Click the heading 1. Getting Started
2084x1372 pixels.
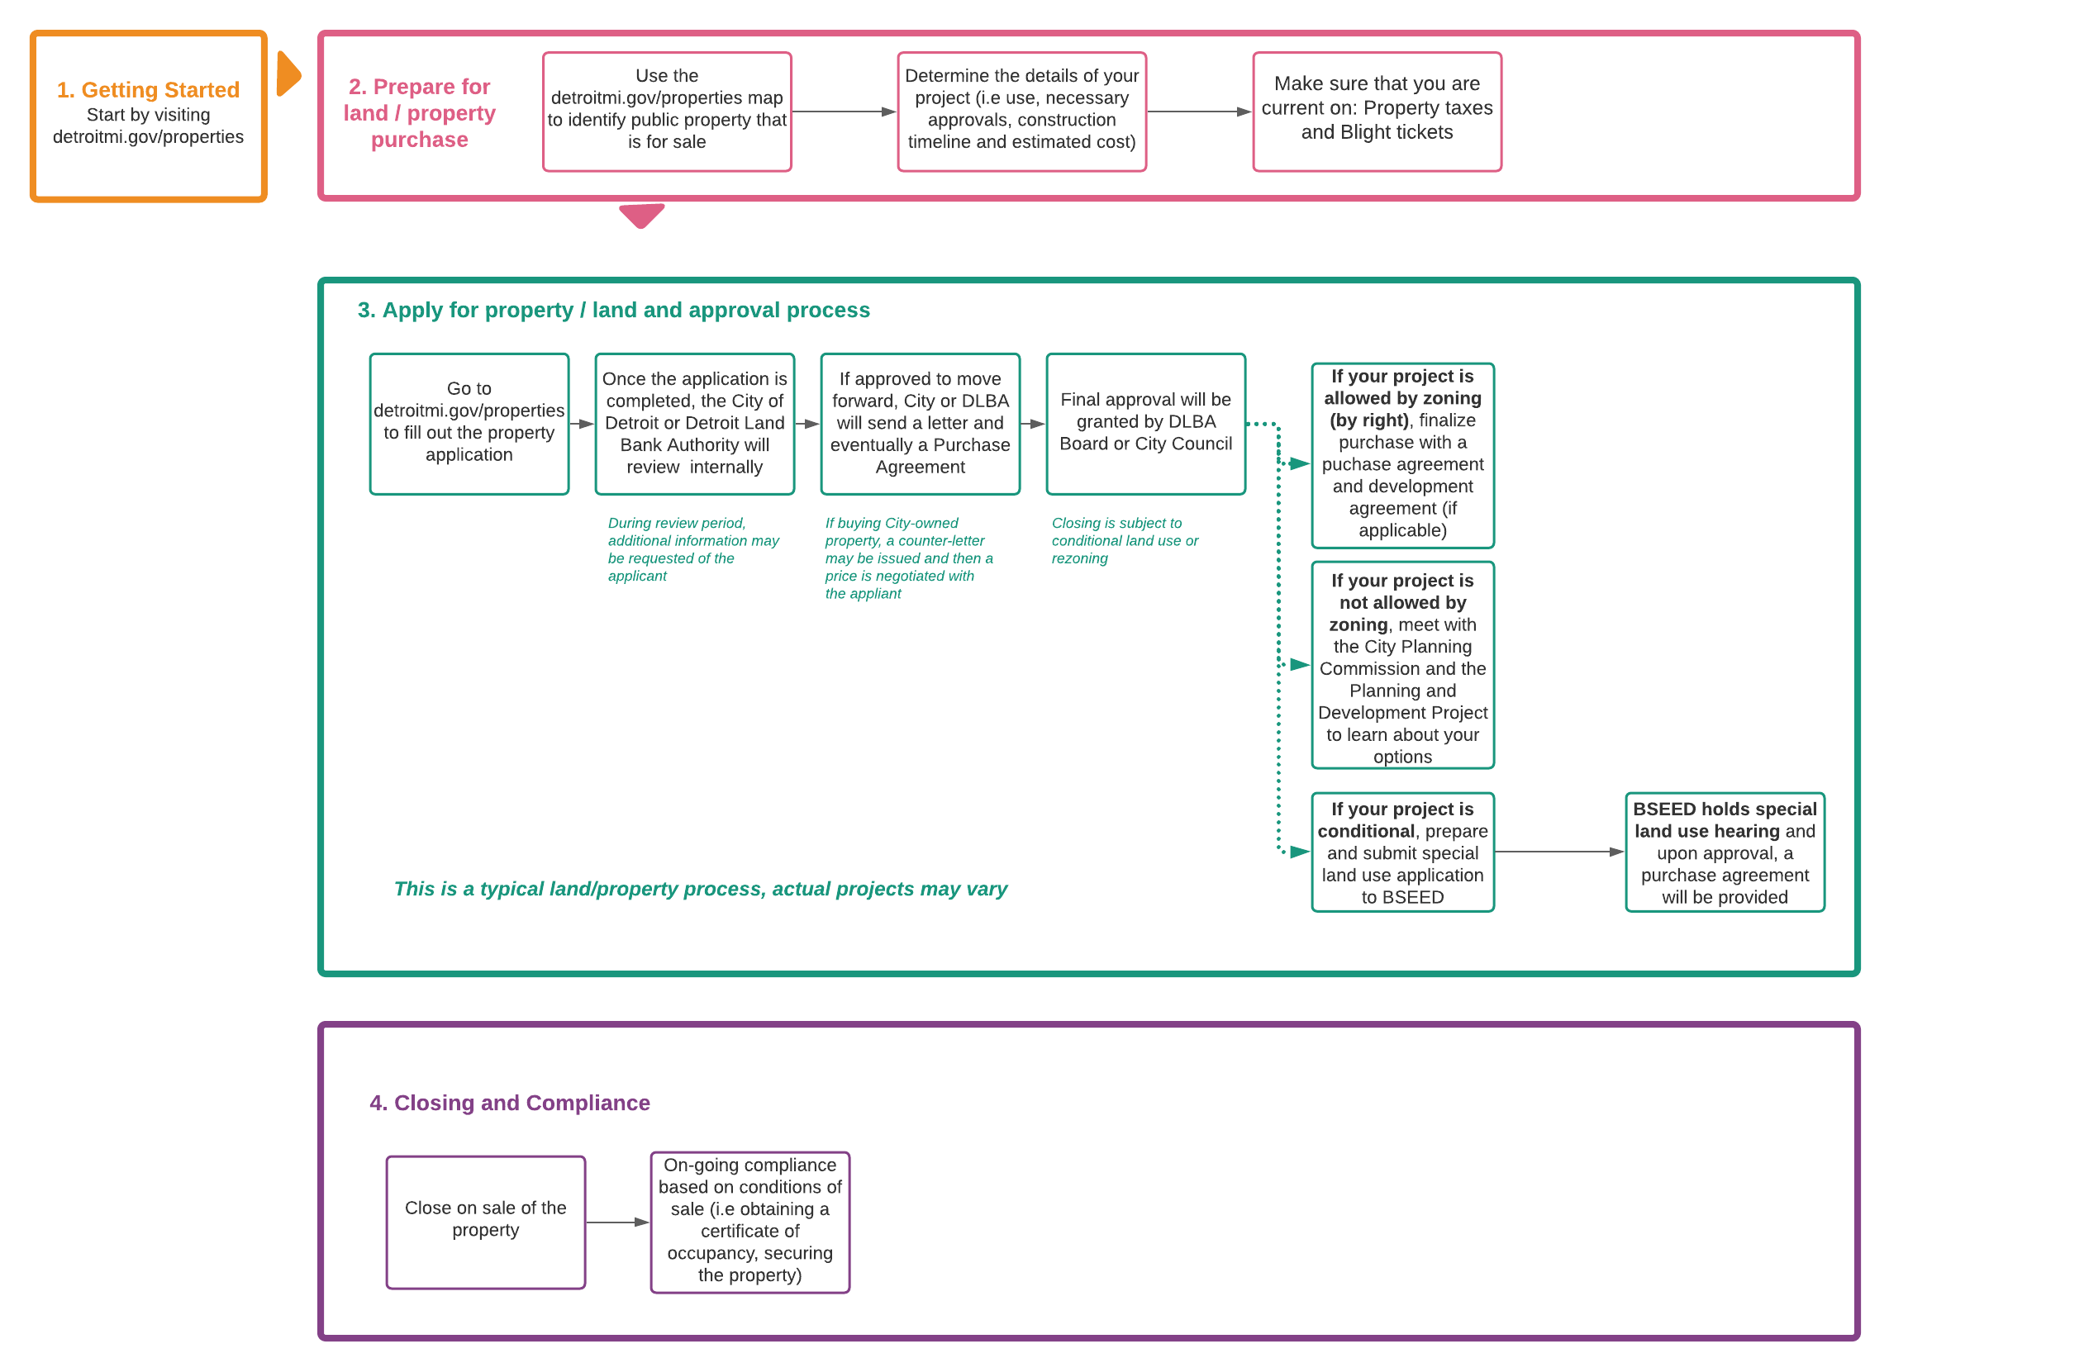pyautogui.click(x=148, y=90)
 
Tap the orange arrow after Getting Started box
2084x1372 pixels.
pyautogui.click(x=288, y=74)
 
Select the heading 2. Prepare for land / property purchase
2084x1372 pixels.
pyautogui.click(x=420, y=113)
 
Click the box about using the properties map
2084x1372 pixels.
pyautogui.click(x=666, y=112)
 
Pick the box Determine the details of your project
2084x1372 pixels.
pyautogui.click(x=1021, y=112)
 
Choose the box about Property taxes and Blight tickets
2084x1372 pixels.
pyautogui.click(x=1377, y=112)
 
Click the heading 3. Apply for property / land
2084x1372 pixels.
pyautogui.click(x=613, y=310)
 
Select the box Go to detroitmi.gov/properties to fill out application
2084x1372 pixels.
pyautogui.click(x=469, y=424)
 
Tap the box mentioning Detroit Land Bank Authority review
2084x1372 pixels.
pyautogui.click(x=694, y=424)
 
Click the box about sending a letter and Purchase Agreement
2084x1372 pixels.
pyautogui.click(x=920, y=424)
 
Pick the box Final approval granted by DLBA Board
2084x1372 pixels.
pyautogui.click(x=1145, y=424)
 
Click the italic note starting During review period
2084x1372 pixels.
pyautogui.click(x=692, y=549)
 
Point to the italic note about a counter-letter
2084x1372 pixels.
pyautogui.click(x=908, y=558)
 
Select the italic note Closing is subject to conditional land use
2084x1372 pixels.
pyautogui.click(x=1125, y=540)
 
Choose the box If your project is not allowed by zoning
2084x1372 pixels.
pyautogui.click(x=1402, y=666)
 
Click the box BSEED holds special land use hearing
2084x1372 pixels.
pyautogui.click(x=1724, y=852)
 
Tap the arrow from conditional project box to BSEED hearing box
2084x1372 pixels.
pyautogui.click(x=1558, y=852)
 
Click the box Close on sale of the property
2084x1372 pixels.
pyautogui.click(x=485, y=1222)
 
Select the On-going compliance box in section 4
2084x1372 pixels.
pyautogui.click(x=749, y=1222)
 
